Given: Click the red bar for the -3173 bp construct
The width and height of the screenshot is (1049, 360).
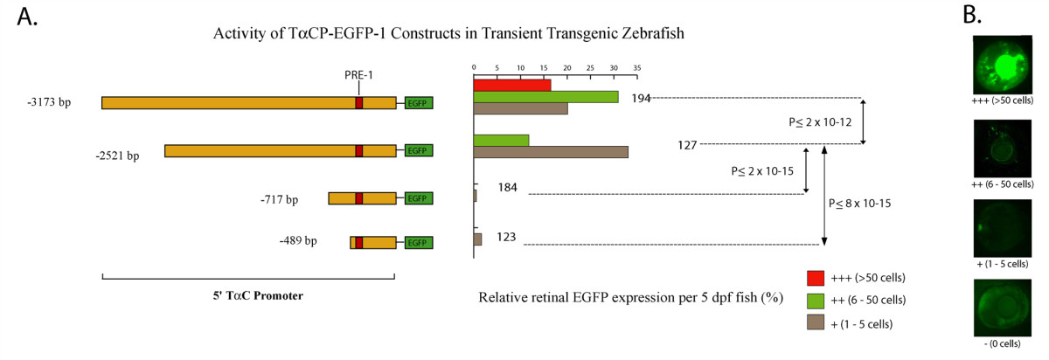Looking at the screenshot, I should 512,85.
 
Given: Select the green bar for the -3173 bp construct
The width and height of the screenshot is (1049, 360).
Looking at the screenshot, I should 545,97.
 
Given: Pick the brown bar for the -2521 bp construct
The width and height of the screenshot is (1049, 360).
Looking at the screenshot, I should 551,152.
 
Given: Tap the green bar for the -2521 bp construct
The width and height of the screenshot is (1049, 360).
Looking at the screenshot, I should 501,140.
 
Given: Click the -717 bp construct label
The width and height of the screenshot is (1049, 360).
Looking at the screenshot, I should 279,199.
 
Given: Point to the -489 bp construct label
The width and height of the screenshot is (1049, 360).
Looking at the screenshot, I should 298,239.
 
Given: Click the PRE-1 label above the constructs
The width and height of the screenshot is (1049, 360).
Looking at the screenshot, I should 358,75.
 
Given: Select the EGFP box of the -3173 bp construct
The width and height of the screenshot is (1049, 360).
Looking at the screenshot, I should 419,103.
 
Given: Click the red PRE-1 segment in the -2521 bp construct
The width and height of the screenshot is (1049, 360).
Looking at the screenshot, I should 358,151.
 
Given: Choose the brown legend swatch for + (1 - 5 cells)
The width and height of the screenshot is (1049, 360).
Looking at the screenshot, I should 816,322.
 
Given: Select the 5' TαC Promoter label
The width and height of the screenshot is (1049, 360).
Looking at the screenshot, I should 251,295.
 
